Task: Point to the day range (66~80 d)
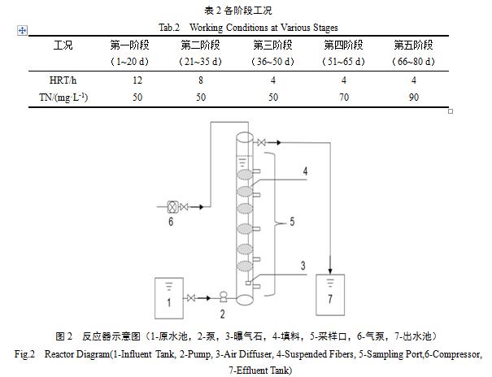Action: (x=412, y=61)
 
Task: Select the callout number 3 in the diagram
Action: (x=302, y=265)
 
